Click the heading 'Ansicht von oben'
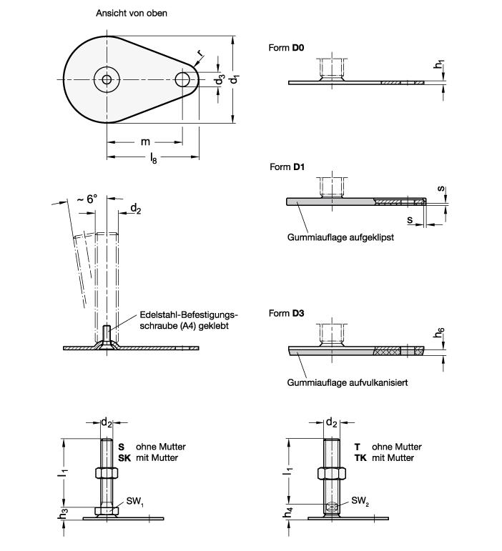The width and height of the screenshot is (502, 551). (132, 13)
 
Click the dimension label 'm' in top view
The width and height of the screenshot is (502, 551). (145, 142)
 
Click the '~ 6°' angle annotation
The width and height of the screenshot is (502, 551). (87, 199)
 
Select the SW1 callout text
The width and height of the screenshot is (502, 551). (136, 502)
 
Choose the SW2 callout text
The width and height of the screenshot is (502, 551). (361, 502)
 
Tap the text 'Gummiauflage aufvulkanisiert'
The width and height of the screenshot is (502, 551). (348, 382)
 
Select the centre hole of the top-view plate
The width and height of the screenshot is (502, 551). (107, 80)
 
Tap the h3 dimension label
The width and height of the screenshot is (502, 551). (65, 513)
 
